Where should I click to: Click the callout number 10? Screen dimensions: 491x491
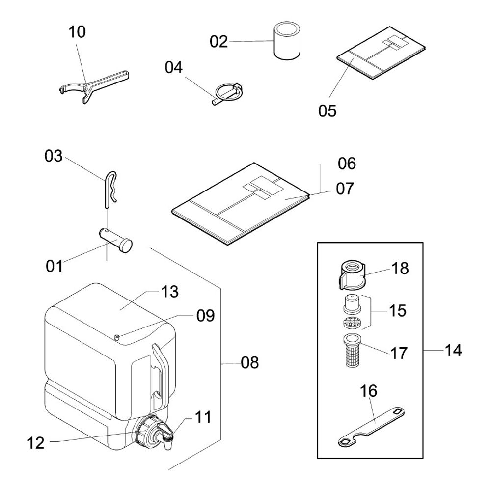pyautogui.click(x=77, y=32)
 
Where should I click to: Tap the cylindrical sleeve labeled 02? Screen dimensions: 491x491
pyautogui.click(x=287, y=40)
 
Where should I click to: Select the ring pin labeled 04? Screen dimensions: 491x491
pyautogui.click(x=228, y=93)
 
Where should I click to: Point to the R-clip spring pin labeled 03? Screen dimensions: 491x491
pyautogui.click(x=110, y=190)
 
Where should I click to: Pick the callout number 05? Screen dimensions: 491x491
pyautogui.click(x=327, y=111)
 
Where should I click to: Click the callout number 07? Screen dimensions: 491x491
pyautogui.click(x=345, y=189)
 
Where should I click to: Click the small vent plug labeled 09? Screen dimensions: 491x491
pyautogui.click(x=117, y=337)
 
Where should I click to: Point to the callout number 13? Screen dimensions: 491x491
pyautogui.click(x=170, y=292)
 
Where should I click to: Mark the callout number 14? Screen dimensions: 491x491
pyautogui.click(x=453, y=351)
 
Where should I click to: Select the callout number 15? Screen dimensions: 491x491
pyautogui.click(x=397, y=311)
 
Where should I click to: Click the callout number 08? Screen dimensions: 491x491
pyautogui.click(x=249, y=363)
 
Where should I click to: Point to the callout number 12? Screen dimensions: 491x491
pyautogui.click(x=36, y=443)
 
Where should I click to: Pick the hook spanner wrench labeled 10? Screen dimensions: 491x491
pyautogui.click(x=94, y=86)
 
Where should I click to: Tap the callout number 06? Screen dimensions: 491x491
pyautogui.click(x=347, y=164)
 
